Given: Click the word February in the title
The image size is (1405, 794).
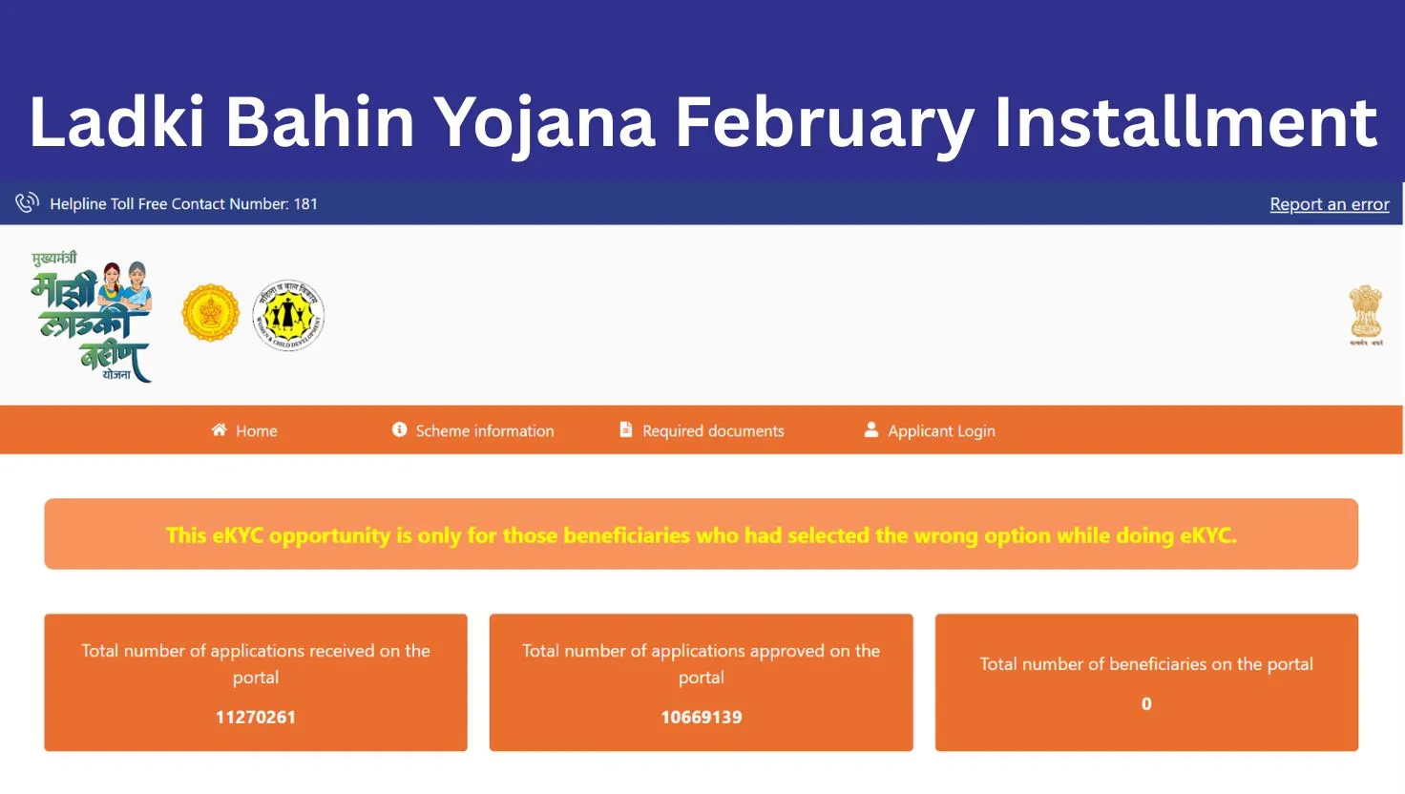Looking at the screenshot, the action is (x=824, y=123).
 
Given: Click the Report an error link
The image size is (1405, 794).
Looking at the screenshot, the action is (x=1329, y=204).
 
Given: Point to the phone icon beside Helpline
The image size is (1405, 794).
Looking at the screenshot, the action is (x=27, y=202).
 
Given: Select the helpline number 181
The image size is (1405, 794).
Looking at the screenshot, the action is (x=305, y=204).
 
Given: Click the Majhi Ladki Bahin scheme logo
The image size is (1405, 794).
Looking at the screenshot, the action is (x=92, y=316).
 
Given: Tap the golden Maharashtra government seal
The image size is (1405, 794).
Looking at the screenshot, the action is (x=210, y=313).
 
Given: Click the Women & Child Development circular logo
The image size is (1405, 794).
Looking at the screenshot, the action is (x=288, y=315).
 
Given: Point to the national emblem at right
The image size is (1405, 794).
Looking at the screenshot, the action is (x=1366, y=316).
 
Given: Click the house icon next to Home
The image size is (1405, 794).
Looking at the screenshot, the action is (x=219, y=429).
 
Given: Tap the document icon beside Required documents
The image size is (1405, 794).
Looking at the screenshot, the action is (x=625, y=429).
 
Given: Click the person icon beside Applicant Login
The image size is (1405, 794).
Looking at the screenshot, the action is (x=870, y=429).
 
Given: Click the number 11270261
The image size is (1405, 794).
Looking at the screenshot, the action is (x=256, y=717).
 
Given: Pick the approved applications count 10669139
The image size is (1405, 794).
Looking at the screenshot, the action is (x=702, y=717).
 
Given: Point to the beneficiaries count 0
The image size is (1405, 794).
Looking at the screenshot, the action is (x=1146, y=703).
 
